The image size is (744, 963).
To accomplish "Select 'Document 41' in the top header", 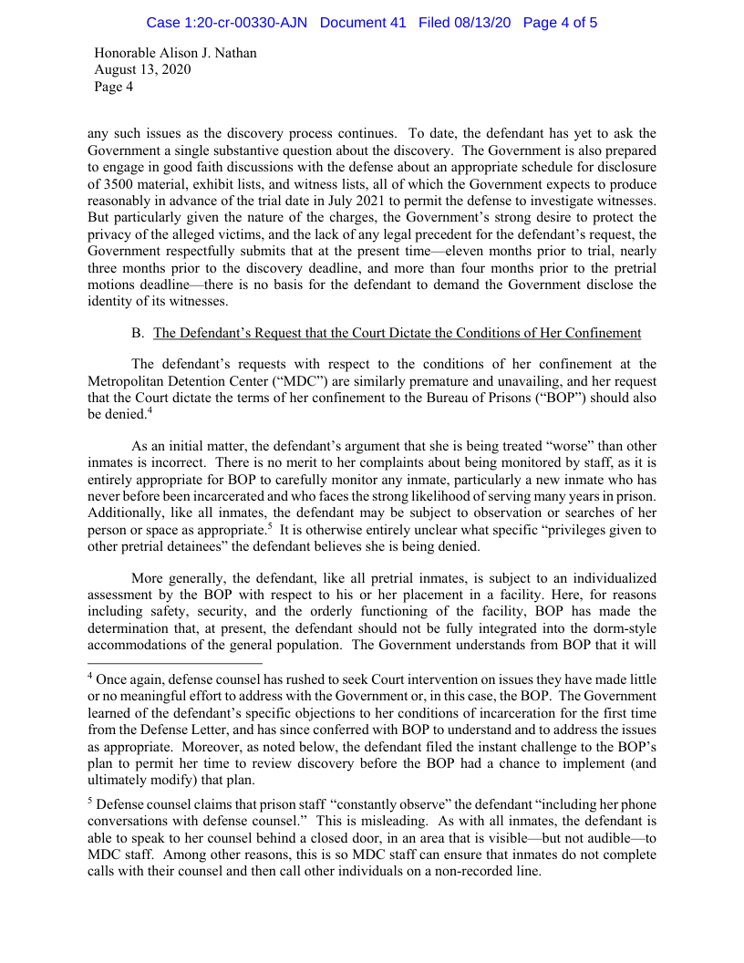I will (363, 22).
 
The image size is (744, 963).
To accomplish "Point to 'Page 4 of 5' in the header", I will (560, 22).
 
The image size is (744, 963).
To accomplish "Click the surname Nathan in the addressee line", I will (234, 53).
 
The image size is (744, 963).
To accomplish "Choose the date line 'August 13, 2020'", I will (142, 70).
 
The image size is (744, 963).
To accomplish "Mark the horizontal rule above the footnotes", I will (175, 664).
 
